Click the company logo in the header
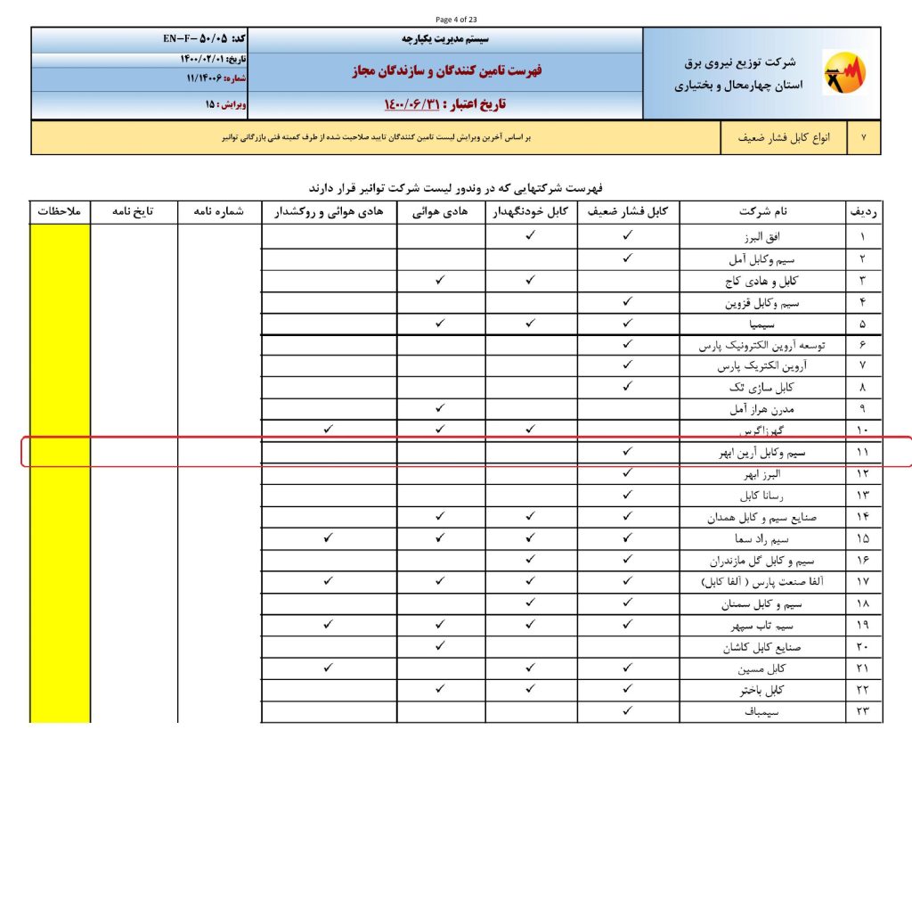coord(843,74)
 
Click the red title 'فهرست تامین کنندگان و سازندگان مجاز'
coord(446,70)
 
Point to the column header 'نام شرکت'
coord(761,212)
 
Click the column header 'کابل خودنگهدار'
coord(531,212)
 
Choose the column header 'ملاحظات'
coord(60,212)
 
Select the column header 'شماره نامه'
coord(219,212)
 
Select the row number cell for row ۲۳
coord(863,711)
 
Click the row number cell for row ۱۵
coord(863,538)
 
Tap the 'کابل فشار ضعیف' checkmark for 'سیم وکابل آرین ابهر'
coord(627,452)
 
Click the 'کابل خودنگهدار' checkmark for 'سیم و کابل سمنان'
coord(531,603)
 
